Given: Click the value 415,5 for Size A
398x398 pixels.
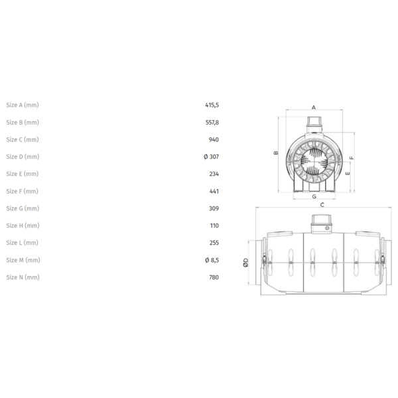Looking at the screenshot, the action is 212,105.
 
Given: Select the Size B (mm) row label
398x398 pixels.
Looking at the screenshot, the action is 23,122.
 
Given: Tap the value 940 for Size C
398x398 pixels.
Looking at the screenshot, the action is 214,139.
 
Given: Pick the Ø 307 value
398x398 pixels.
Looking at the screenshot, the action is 211,157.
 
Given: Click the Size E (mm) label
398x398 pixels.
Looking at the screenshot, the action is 23,174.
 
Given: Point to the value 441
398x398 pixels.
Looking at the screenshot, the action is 214,192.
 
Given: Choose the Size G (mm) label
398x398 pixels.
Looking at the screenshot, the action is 23,208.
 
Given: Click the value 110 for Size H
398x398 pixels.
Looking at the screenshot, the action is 214,226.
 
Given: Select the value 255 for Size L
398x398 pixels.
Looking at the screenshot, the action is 214,243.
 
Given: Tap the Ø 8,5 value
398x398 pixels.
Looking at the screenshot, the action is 212,260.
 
